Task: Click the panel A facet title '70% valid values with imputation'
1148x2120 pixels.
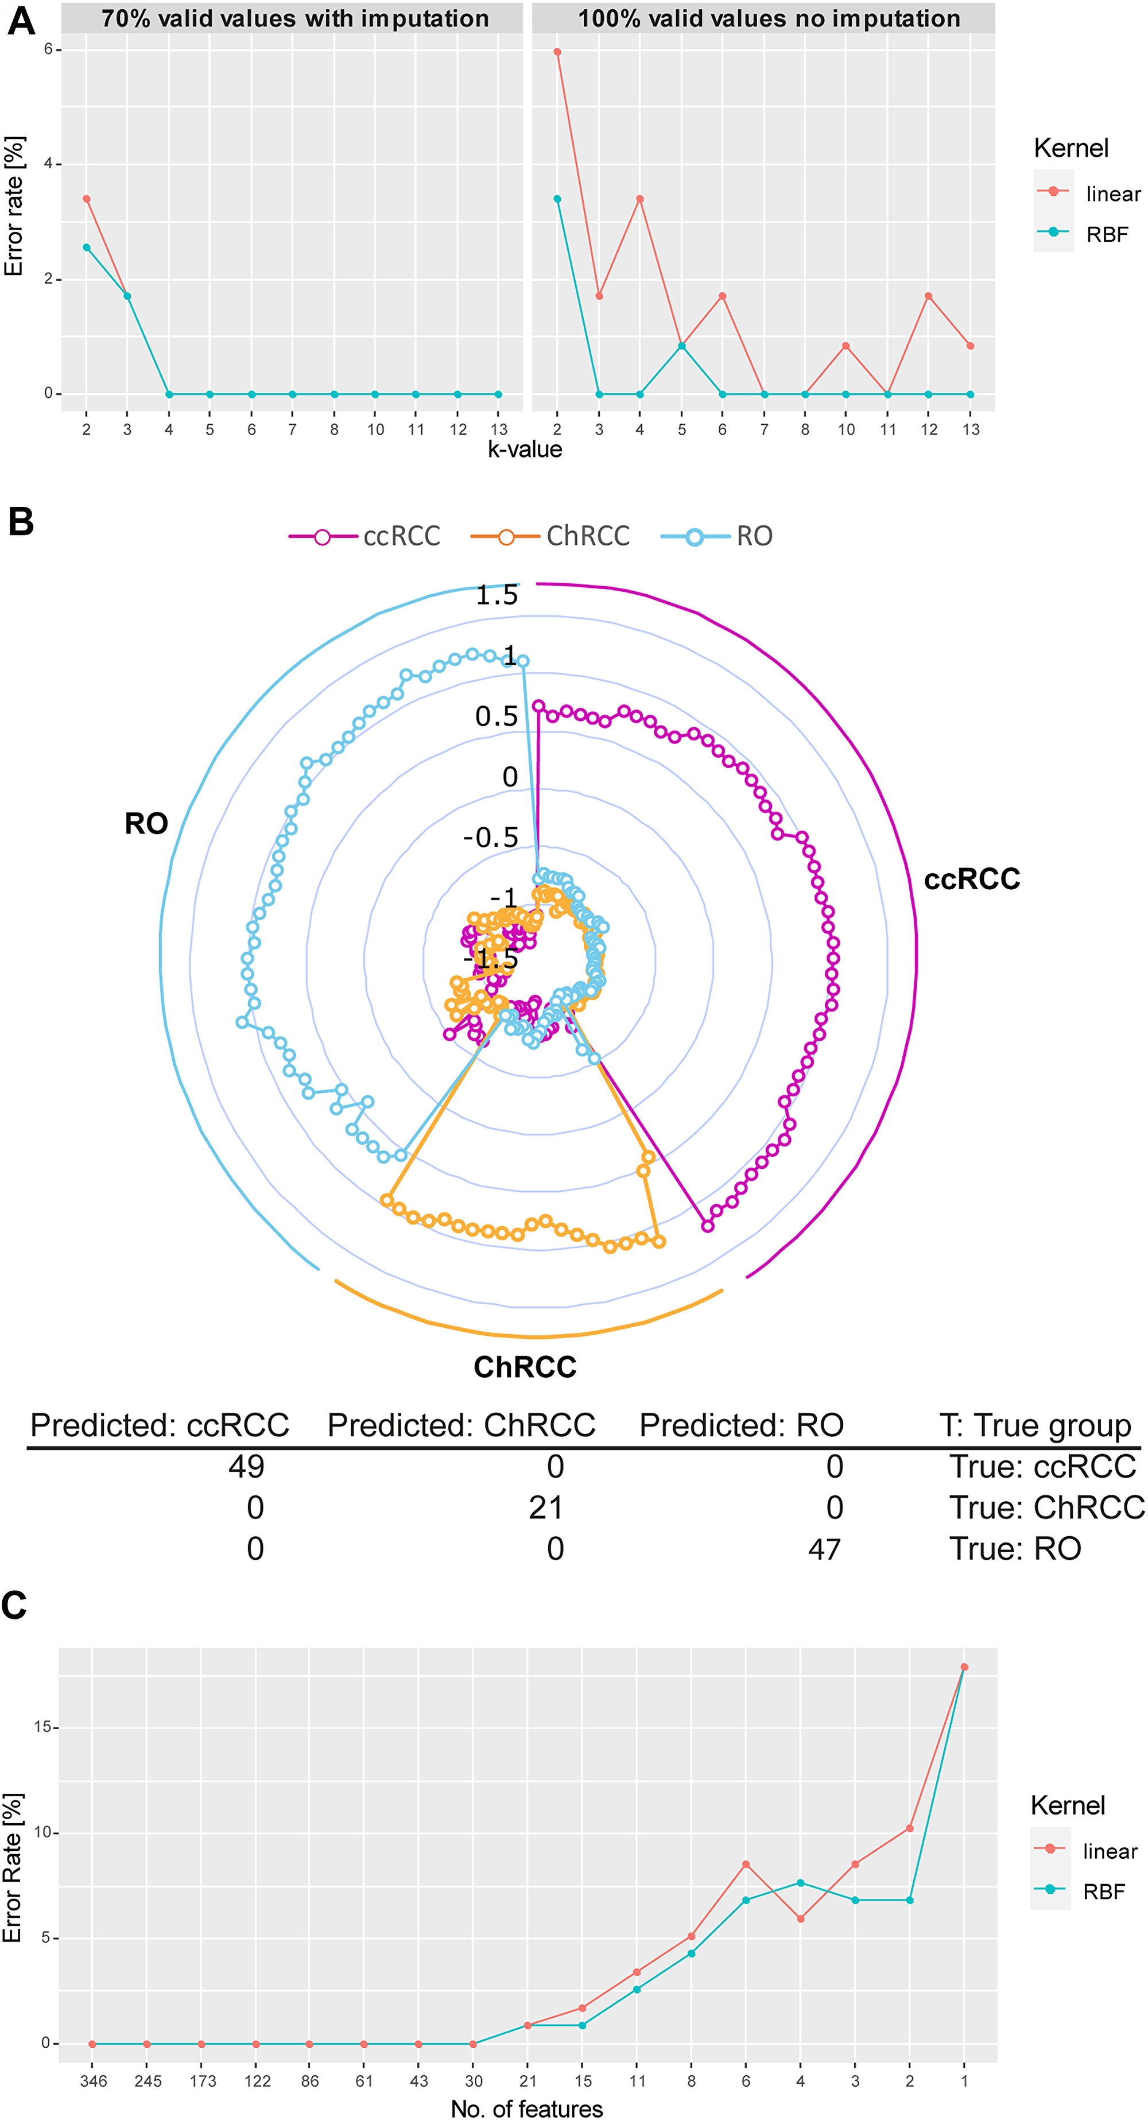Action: coord(294,18)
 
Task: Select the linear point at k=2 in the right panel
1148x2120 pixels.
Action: coord(558,52)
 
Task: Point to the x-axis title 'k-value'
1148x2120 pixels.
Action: coord(525,450)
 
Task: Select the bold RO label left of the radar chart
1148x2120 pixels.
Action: coord(146,824)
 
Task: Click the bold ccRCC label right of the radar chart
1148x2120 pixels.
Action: coord(972,879)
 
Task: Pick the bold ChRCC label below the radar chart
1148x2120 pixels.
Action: coord(525,1367)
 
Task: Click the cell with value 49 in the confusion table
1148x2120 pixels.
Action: coord(246,1467)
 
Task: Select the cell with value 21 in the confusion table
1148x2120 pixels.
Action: coord(546,1507)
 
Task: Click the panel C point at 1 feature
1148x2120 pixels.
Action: coord(964,1668)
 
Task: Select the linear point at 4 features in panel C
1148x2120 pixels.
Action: coord(801,1919)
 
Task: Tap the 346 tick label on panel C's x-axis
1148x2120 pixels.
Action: coord(93,2082)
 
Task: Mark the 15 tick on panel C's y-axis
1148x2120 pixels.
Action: coord(43,1727)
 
